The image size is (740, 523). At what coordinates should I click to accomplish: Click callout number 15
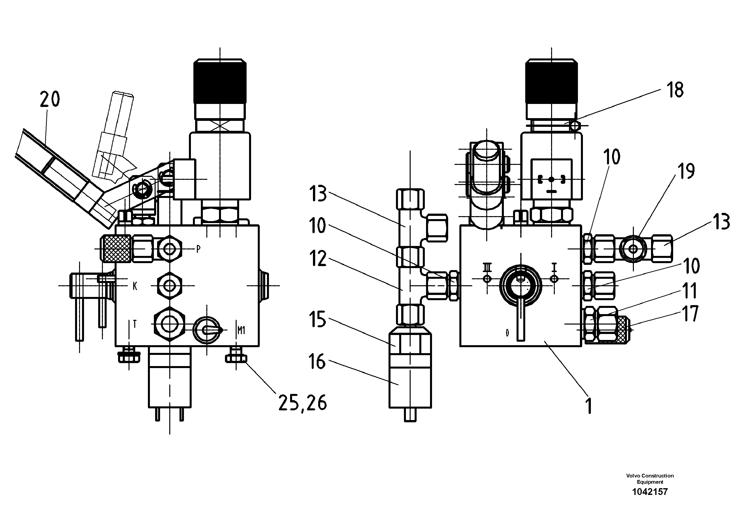pyautogui.click(x=318, y=319)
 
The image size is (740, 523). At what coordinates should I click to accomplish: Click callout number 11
pyautogui.click(x=690, y=291)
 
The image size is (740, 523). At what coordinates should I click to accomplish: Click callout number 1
pyautogui.click(x=589, y=406)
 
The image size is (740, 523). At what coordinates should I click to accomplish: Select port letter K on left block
pyautogui.click(x=135, y=286)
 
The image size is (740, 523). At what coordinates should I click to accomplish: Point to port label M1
pyautogui.click(x=241, y=330)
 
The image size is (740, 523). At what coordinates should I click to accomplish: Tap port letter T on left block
pyautogui.click(x=135, y=324)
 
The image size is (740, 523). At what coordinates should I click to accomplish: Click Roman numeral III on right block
pyautogui.click(x=487, y=267)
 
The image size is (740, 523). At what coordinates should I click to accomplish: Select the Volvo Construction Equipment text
pyautogui.click(x=650, y=479)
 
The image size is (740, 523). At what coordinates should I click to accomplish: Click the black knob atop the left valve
pyautogui.click(x=220, y=82)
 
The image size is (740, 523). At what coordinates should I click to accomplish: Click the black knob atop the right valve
pyautogui.click(x=551, y=82)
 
